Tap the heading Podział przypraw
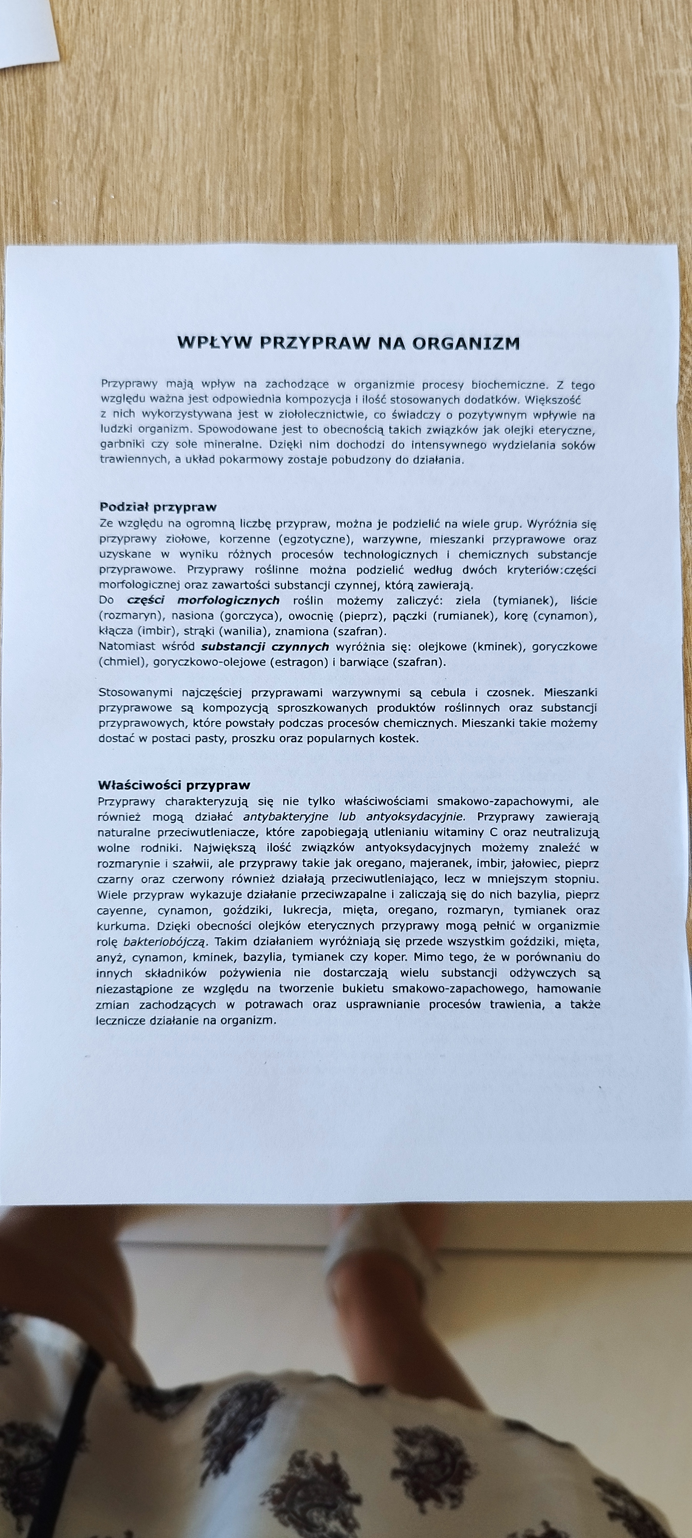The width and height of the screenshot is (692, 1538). point(158,508)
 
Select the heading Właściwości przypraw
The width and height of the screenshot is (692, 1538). point(174,785)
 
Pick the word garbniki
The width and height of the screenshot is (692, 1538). point(120,445)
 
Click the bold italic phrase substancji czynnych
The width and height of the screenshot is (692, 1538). point(265,647)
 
